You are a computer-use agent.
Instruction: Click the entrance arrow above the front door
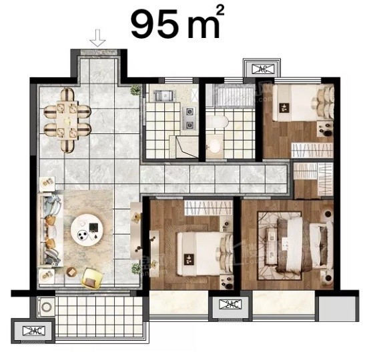97,38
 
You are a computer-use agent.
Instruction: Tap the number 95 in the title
155,25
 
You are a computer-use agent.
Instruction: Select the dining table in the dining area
67,120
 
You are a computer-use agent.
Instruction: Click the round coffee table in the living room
87,230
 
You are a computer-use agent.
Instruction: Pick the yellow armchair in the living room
92,278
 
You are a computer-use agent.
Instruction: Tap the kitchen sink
163,95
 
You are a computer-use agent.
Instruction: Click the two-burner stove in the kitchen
190,118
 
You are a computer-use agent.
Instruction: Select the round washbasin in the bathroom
215,145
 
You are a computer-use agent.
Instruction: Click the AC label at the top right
263,69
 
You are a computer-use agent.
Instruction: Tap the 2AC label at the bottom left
34,331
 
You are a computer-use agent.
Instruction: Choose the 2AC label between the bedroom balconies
230,305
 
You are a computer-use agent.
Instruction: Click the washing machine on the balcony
46,307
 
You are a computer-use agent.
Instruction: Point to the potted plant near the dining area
135,90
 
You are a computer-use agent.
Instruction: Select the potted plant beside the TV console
136,268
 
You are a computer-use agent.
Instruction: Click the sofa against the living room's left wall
51,230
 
